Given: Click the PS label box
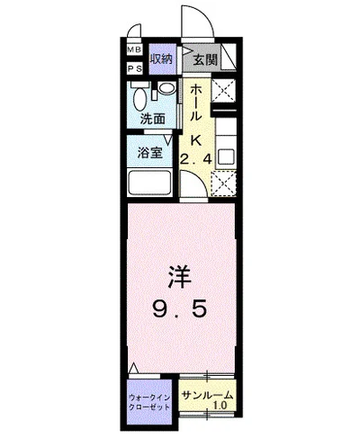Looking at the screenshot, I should [x=134, y=67].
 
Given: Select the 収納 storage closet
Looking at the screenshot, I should [x=161, y=59].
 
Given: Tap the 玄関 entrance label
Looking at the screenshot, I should [x=203, y=60].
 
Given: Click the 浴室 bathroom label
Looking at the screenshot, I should [x=149, y=152].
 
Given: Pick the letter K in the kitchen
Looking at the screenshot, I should [x=195, y=139].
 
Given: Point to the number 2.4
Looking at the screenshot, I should [x=195, y=160].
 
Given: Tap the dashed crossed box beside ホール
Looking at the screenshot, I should [x=222, y=91].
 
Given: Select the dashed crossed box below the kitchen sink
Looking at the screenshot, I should [x=223, y=183].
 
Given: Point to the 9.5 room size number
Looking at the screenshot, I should [x=180, y=310].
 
